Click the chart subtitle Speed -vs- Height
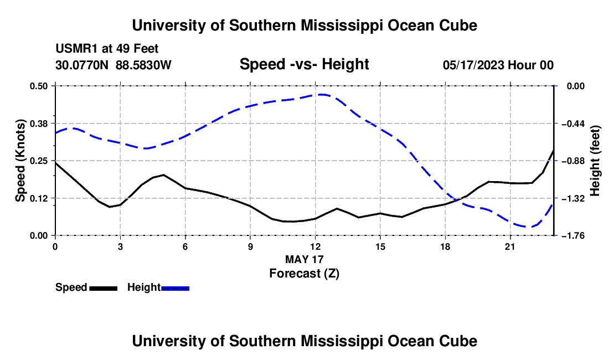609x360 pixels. click(304, 64)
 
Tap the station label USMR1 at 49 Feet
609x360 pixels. click(107, 49)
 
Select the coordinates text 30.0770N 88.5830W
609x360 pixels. click(113, 65)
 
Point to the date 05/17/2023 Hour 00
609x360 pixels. click(498, 65)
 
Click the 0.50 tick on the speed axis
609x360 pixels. click(39, 86)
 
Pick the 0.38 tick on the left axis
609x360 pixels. click(39, 124)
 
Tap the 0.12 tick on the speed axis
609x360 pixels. click(39, 198)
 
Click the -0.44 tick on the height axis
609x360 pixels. click(573, 124)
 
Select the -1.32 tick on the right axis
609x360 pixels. click(573, 198)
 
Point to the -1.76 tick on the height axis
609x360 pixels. click(573, 236)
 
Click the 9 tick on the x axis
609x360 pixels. click(250, 246)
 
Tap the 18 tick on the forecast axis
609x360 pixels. click(445, 246)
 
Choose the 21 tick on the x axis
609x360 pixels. click(510, 246)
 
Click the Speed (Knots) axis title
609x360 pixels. click(20, 161)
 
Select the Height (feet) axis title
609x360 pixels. click(595, 161)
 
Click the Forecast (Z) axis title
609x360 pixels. click(304, 274)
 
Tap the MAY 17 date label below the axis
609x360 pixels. click(304, 259)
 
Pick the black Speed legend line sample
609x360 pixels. click(104, 288)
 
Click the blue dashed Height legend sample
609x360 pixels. click(175, 288)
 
